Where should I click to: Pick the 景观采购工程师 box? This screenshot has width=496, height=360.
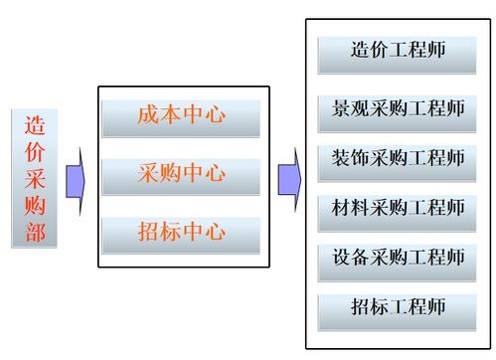point(398,109)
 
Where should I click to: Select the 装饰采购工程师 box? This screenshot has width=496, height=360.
point(398,159)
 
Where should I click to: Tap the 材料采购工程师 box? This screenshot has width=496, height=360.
point(398,209)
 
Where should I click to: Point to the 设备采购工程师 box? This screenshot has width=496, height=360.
point(398,258)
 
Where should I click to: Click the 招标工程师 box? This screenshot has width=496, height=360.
point(398,308)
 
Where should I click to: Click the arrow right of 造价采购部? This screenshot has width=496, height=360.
point(75,181)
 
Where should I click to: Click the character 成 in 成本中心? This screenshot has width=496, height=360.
point(147,116)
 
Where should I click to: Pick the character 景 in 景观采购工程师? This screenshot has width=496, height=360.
point(342,109)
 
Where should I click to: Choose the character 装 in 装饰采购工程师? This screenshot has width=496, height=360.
point(342,159)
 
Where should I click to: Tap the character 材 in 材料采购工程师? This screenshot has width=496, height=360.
point(342,209)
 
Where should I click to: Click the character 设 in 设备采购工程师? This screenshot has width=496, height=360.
point(342,258)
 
